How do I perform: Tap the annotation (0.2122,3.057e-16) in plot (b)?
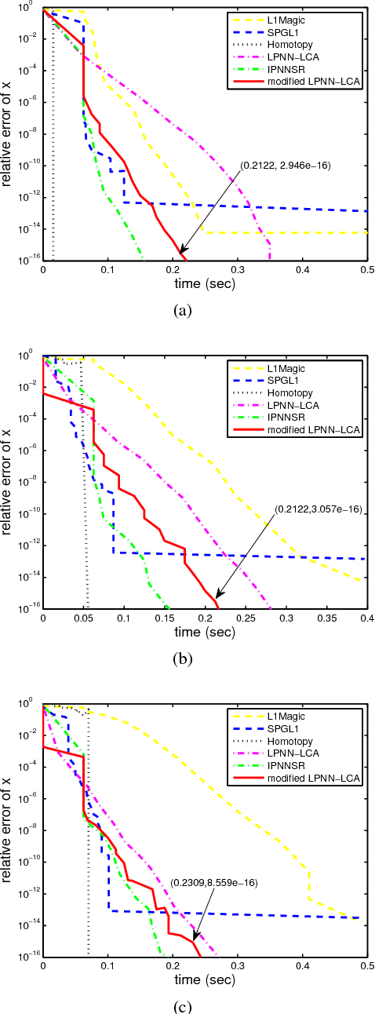tap(317, 509)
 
